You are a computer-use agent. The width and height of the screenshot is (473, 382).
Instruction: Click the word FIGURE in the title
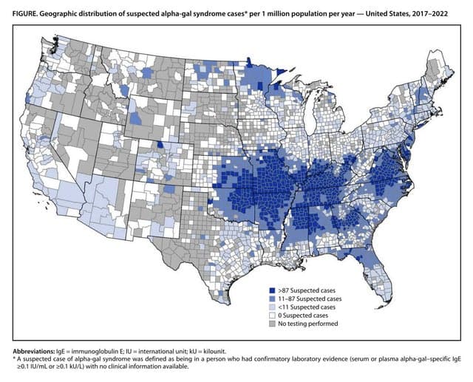pos(22,11)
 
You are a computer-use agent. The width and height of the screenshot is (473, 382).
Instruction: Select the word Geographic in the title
pos(63,11)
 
